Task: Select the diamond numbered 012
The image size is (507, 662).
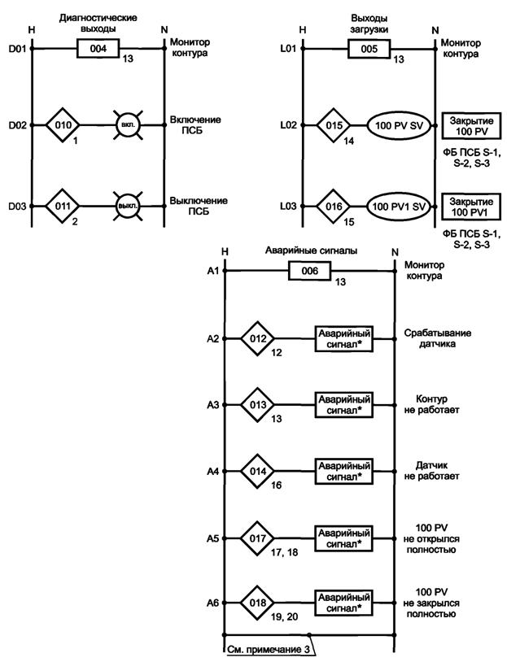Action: (x=258, y=338)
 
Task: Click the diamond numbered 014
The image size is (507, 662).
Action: (x=258, y=471)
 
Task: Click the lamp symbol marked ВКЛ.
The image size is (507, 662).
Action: (x=128, y=127)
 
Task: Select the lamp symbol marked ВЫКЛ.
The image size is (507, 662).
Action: (x=128, y=206)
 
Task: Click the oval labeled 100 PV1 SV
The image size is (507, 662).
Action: (x=398, y=206)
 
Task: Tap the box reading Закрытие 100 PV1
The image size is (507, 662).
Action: (x=470, y=206)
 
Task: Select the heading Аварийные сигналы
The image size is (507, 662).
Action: (x=308, y=251)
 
